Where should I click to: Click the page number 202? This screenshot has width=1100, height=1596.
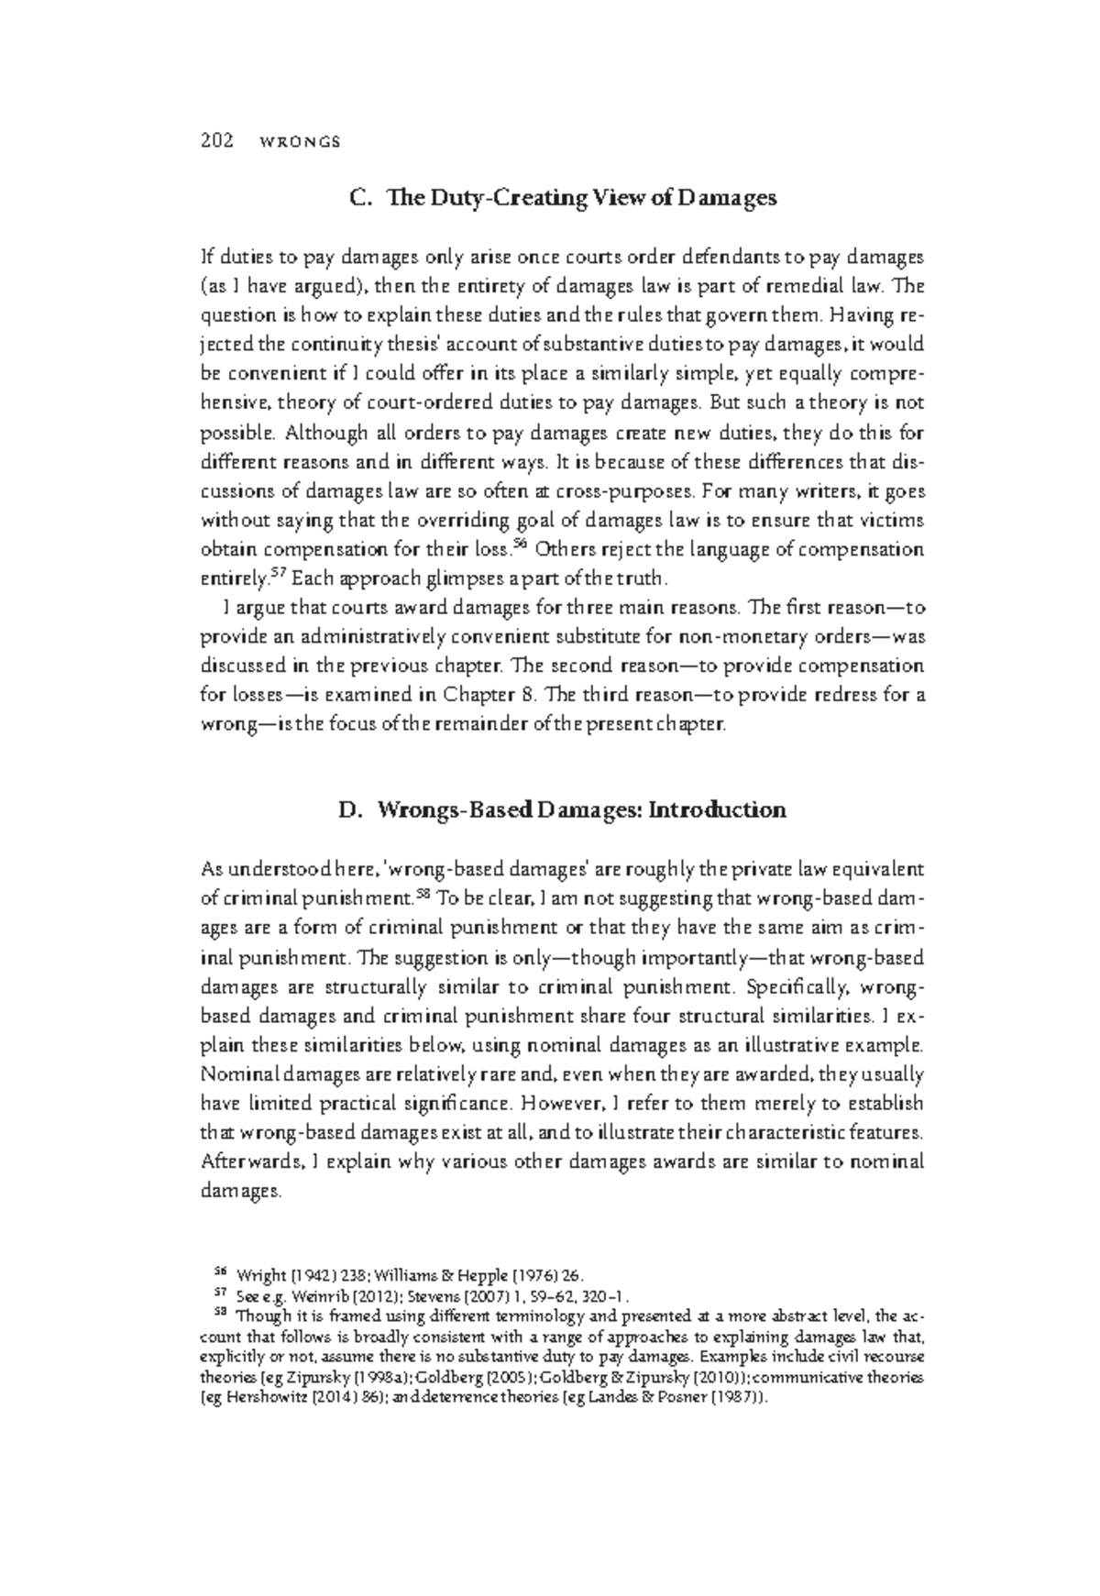pos(215,141)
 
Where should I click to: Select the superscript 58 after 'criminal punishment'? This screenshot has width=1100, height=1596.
pos(422,892)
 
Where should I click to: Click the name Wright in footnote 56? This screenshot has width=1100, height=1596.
pos(260,1275)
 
